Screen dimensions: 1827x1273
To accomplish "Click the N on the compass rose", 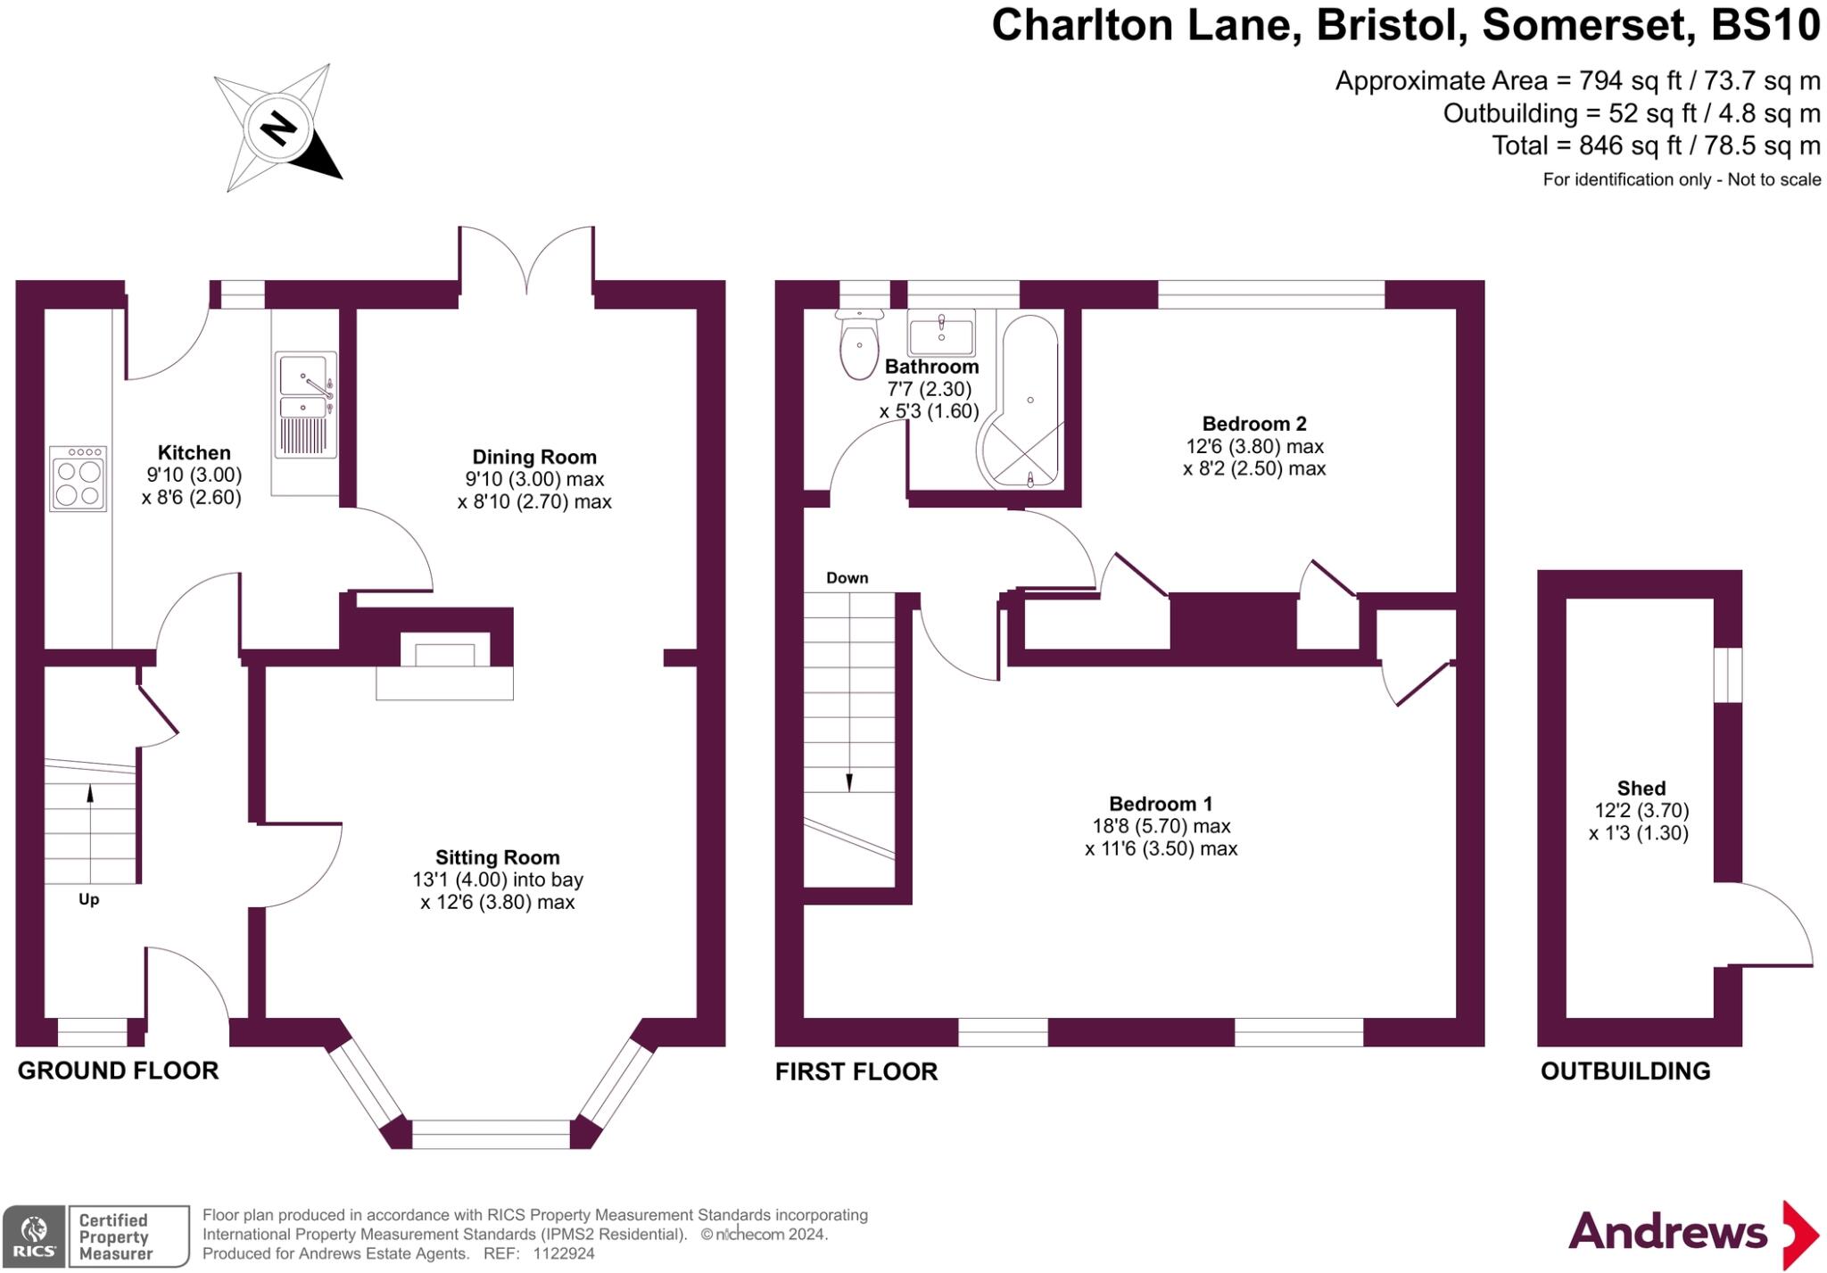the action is (x=278, y=129).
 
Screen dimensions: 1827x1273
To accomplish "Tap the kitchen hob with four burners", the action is (x=79, y=479).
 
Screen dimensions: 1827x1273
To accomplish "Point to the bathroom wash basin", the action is (x=941, y=333).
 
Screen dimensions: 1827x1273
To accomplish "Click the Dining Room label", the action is (x=534, y=458).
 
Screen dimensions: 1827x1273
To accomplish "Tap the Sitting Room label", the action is (x=498, y=857).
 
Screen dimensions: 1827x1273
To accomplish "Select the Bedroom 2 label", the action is (x=1254, y=424).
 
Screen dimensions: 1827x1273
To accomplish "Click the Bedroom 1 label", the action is (x=1161, y=804).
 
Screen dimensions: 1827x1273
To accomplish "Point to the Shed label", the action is (x=1641, y=789).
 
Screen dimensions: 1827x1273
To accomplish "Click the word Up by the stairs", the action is (x=88, y=899).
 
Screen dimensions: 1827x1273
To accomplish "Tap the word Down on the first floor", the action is (x=847, y=578).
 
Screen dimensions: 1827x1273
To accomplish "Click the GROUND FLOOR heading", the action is (x=118, y=1070).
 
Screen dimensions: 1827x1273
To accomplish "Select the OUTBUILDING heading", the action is (x=1625, y=1070).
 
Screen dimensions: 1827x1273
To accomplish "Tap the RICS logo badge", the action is (x=34, y=1236).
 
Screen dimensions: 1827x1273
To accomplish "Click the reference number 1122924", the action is (x=564, y=1253).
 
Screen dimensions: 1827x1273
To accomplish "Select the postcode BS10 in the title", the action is (x=1765, y=26).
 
